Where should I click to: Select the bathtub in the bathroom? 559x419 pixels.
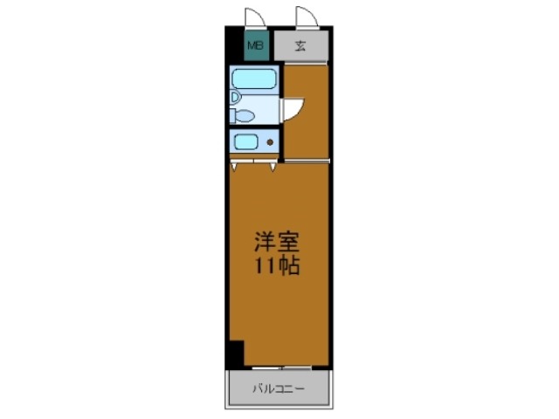pyautogui.click(x=255, y=80)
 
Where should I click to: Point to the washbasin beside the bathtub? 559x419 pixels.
pyautogui.click(x=235, y=97)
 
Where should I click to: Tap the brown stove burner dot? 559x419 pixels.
pyautogui.click(x=270, y=141)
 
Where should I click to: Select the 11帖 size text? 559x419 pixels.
pyautogui.click(x=275, y=266)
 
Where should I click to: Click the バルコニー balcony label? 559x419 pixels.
pyautogui.click(x=279, y=388)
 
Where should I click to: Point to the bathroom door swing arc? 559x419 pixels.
pyautogui.click(x=293, y=109)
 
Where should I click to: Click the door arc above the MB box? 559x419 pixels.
pyautogui.click(x=253, y=17)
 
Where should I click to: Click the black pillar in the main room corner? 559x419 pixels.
pyautogui.click(x=234, y=353)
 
